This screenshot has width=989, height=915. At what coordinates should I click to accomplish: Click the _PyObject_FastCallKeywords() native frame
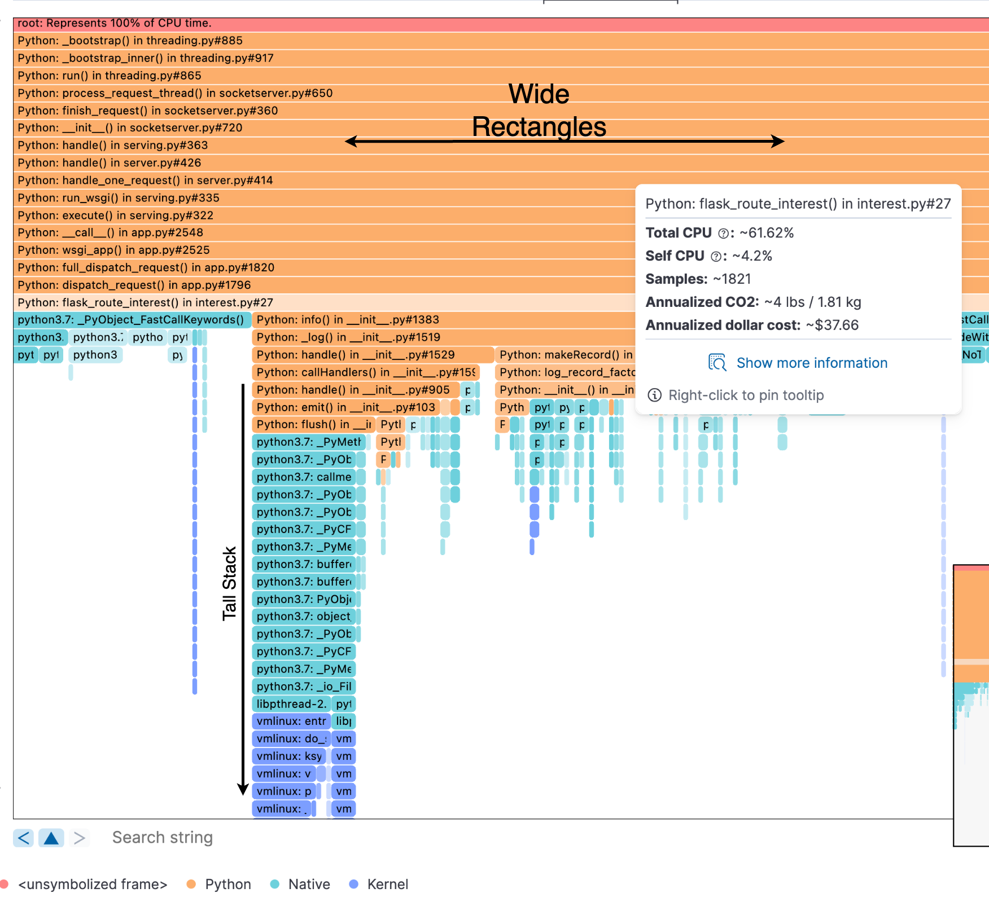130,320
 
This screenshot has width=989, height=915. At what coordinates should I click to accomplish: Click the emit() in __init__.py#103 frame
345,407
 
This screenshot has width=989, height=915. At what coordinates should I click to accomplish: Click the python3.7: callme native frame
304,477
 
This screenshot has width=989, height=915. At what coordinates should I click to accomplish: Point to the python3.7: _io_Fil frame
304,687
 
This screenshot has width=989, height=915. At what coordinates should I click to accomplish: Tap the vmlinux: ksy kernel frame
289,756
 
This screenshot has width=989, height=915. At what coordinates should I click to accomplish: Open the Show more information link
811,363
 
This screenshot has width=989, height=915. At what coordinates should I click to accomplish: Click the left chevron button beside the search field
24,838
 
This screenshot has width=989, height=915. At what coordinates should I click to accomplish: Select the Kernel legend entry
387,885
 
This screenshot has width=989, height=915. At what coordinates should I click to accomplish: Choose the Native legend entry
308,885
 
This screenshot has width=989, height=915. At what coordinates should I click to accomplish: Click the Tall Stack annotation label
229,584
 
